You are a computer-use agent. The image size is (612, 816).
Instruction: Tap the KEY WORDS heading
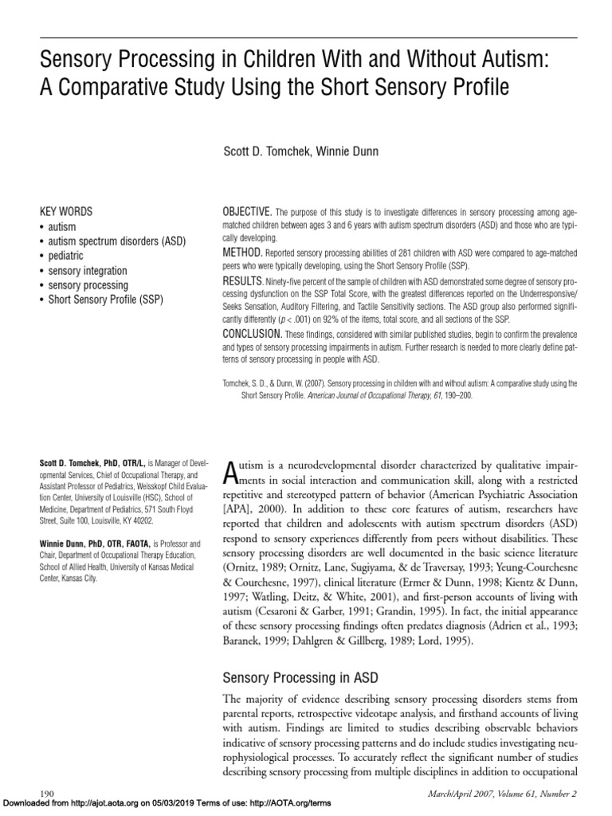click(x=66, y=212)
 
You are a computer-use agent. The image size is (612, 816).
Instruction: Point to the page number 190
click(x=46, y=793)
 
